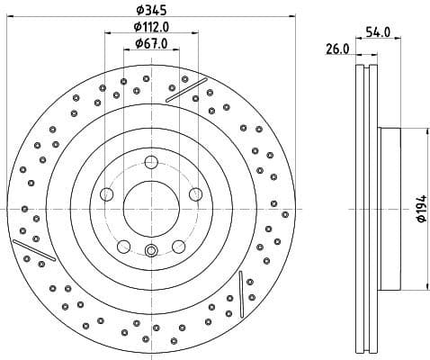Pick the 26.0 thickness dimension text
pyautogui.click(x=336, y=49)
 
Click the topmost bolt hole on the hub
pyautogui.click(x=150, y=162)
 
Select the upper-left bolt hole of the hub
pyautogui.click(x=108, y=193)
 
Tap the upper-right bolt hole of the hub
pyautogui.click(x=193, y=193)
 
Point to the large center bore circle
pyautogui.click(x=150, y=207)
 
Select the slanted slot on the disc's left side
pyautogui.click(x=34, y=250)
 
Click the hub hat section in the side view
pyautogui.click(x=389, y=209)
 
